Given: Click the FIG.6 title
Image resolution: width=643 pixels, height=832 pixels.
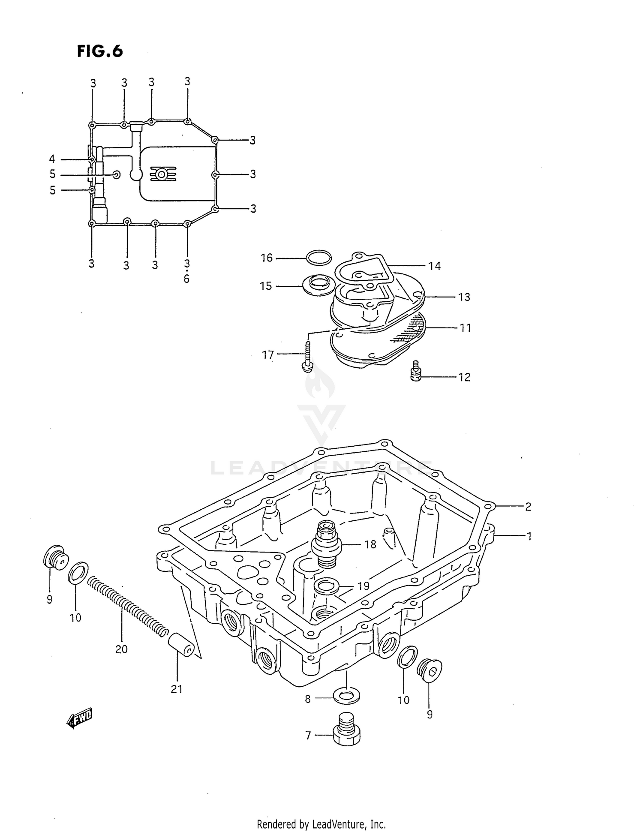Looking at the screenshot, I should (x=100, y=51).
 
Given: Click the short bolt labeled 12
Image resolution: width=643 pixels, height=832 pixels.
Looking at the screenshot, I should (x=415, y=371).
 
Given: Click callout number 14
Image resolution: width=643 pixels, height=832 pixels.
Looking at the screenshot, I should (x=434, y=266).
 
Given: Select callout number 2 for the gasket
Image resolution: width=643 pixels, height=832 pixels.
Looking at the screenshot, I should (x=528, y=507).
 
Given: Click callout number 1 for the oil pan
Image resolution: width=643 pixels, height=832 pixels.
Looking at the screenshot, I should (x=529, y=536).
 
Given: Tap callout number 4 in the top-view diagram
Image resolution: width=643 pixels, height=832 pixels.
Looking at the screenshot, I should (x=52, y=159).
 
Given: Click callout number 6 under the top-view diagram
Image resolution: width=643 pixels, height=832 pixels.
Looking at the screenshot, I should (x=186, y=279).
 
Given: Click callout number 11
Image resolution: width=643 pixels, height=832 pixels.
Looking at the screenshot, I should (x=465, y=328).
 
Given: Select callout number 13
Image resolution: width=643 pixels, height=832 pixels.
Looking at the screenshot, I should (x=464, y=297).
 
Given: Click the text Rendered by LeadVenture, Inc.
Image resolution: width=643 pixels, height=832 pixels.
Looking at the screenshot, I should (x=321, y=823).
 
